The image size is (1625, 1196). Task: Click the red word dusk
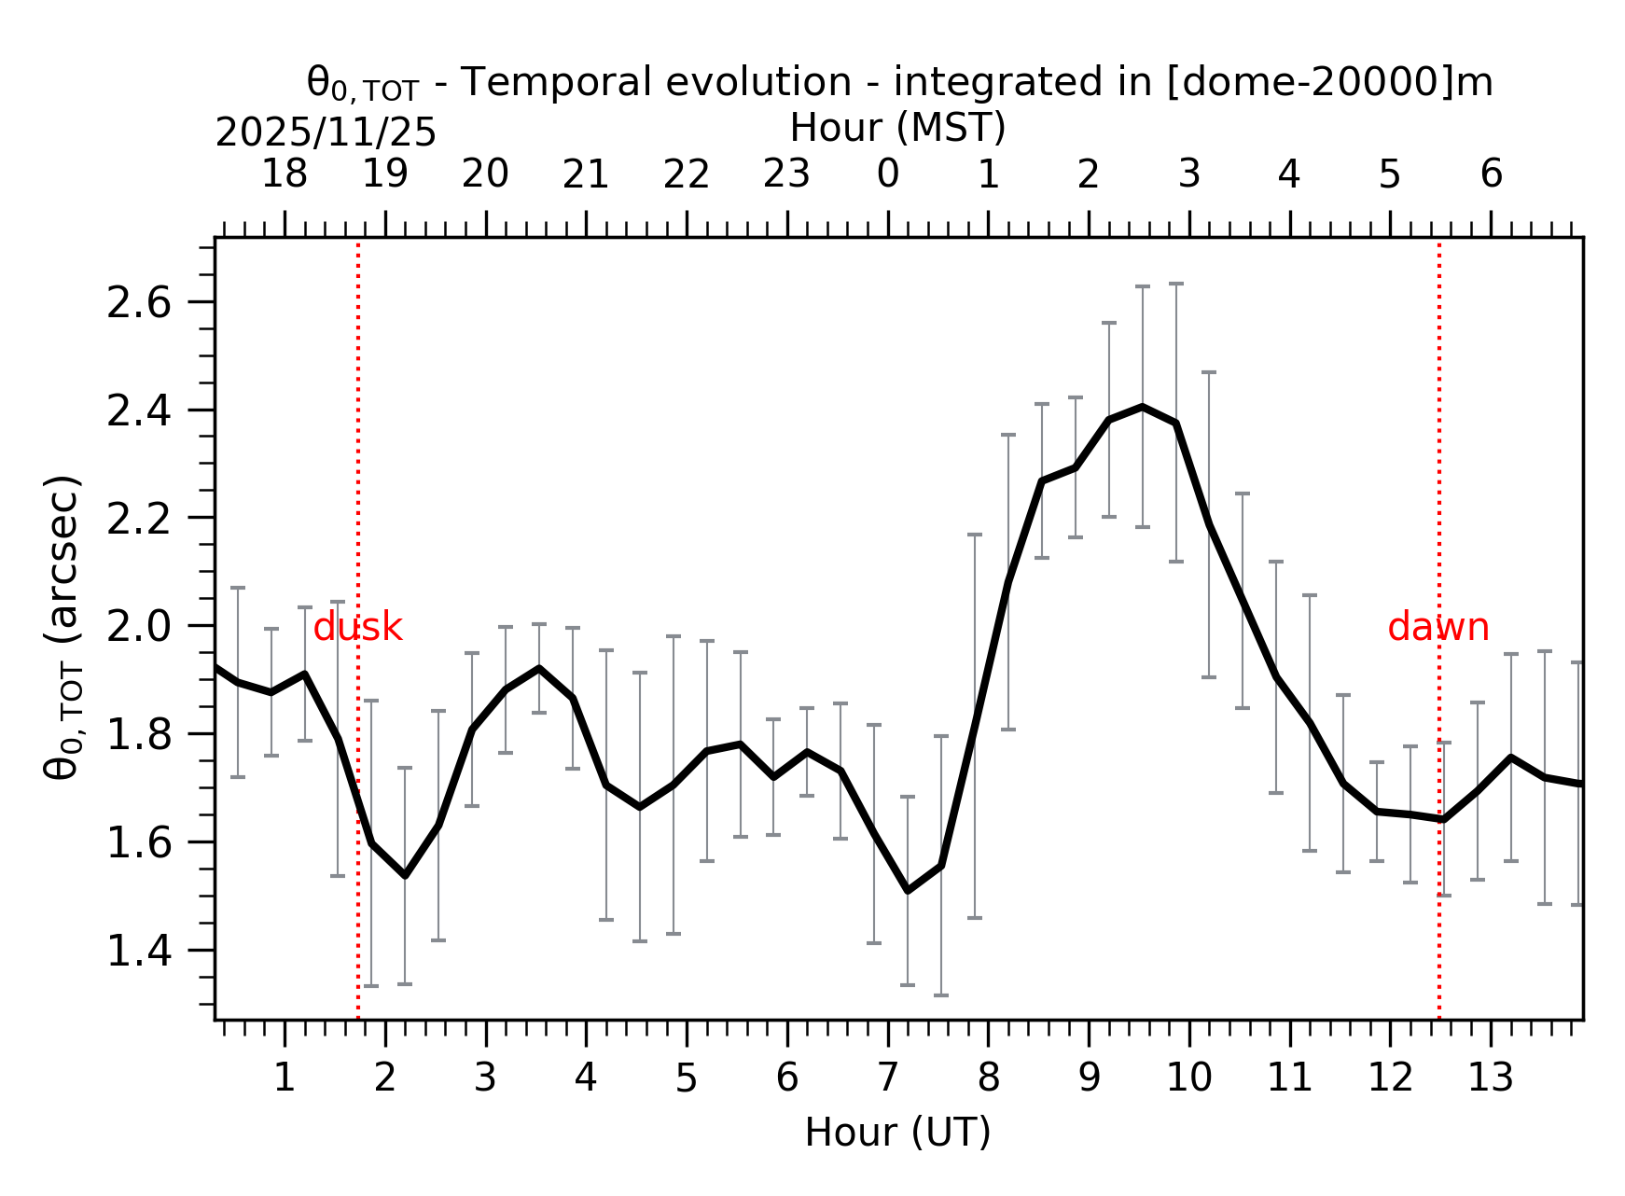pyautogui.click(x=357, y=628)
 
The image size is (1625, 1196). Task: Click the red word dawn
pyautogui.click(x=1437, y=628)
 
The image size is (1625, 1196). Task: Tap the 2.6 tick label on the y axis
pyautogui.click(x=139, y=303)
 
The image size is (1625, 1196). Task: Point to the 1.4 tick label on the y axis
pyautogui.click(x=139, y=952)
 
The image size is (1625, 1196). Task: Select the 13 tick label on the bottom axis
pyautogui.click(x=1490, y=1078)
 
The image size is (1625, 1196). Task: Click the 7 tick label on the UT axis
pyautogui.click(x=887, y=1078)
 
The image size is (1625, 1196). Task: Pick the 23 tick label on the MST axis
pyautogui.click(x=786, y=174)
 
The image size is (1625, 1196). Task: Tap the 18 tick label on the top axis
pyautogui.click(x=284, y=174)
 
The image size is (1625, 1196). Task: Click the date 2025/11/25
pyautogui.click(x=326, y=133)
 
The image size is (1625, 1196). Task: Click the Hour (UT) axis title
pyautogui.click(x=897, y=1133)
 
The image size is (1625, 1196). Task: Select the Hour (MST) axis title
pyautogui.click(x=897, y=128)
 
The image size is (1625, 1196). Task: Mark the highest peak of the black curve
pyautogui.click(x=1143, y=407)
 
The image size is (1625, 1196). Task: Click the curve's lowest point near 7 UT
pyautogui.click(x=908, y=891)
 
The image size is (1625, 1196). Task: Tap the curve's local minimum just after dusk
pyautogui.click(x=405, y=875)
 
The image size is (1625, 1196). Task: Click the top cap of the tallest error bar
pyautogui.click(x=1176, y=284)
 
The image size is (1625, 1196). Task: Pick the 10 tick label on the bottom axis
pyautogui.click(x=1188, y=1078)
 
